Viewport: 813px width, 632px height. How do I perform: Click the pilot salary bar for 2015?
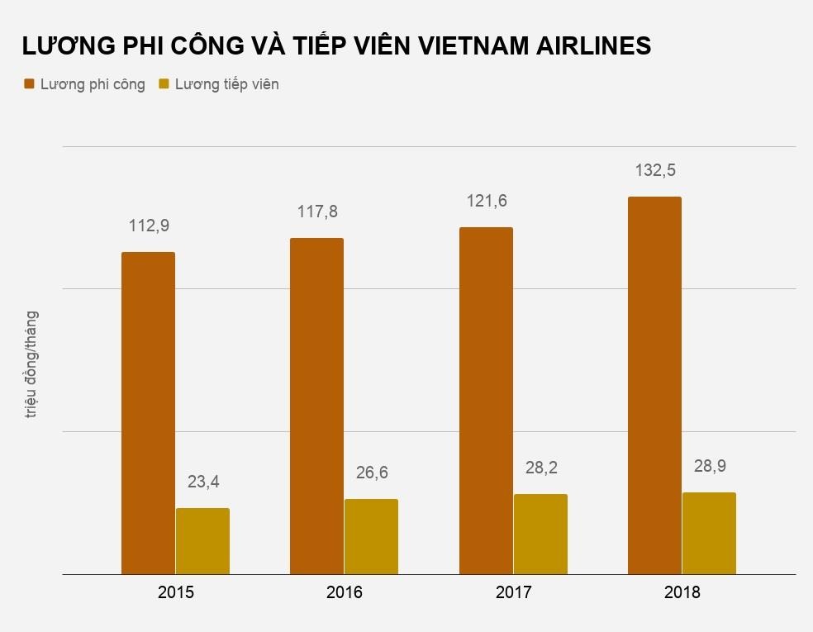tap(148, 412)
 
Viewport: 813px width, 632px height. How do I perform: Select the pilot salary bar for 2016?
tap(316, 406)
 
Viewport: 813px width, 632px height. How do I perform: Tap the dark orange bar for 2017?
tap(486, 400)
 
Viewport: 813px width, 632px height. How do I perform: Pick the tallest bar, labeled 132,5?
tap(654, 385)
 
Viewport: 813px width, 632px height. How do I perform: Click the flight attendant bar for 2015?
tap(202, 540)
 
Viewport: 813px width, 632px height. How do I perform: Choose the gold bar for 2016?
tap(371, 536)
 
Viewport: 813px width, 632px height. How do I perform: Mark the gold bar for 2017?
tap(540, 534)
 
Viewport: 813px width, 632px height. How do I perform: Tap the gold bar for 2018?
tap(709, 533)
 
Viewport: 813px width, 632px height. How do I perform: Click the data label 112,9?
tap(149, 226)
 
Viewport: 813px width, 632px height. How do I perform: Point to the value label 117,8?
tap(317, 212)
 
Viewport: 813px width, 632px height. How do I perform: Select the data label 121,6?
tap(486, 201)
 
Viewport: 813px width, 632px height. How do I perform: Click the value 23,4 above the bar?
tap(202, 482)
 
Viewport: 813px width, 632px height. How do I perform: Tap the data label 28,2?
tap(540, 468)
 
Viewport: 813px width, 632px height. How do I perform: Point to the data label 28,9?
tap(709, 466)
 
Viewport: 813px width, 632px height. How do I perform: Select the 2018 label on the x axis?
tap(682, 592)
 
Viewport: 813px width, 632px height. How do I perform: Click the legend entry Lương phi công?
tap(92, 84)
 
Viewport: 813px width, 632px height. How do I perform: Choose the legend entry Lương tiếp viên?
tap(226, 84)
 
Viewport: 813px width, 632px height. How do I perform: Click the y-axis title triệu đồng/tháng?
tap(31, 364)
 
